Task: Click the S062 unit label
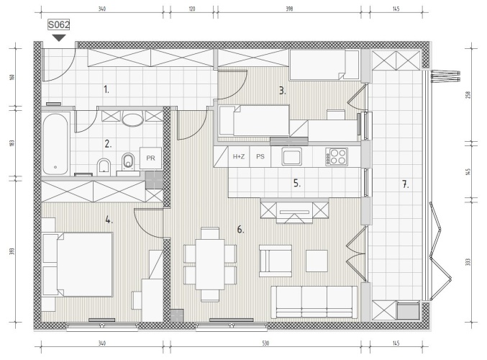coord(58,24)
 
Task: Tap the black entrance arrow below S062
coord(59,38)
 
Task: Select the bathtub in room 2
coord(55,144)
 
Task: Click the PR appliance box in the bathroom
coord(150,158)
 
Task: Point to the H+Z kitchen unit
coord(239,157)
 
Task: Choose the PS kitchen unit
coord(260,157)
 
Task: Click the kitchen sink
coord(291,156)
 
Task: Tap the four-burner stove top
coord(337,156)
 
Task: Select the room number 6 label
coord(241,230)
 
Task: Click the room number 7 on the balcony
coord(405,184)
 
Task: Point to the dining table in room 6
coord(210,264)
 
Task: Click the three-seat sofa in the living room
coord(314,302)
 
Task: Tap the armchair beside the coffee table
coord(276,261)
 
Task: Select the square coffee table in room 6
coord(317,261)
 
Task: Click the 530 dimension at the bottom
coord(265,343)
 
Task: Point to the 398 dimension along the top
coord(289,9)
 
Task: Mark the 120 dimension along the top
coord(192,9)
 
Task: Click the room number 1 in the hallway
coord(106,90)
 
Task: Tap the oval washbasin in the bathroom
coord(132,120)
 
